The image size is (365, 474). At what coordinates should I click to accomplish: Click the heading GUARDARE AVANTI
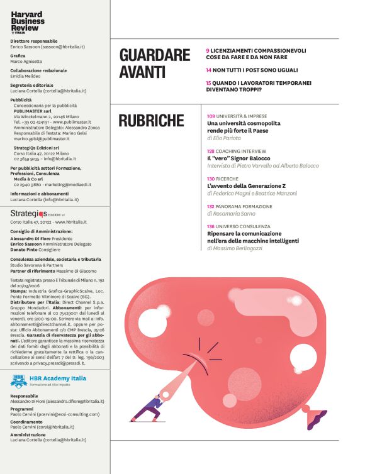(x=155, y=63)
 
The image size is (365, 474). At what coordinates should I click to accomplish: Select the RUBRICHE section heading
(x=152, y=121)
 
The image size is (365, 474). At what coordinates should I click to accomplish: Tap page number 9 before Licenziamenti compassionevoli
(x=208, y=50)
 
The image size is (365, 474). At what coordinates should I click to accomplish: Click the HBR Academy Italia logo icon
(x=18, y=381)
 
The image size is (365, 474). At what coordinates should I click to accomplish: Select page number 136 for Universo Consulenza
(x=211, y=226)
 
